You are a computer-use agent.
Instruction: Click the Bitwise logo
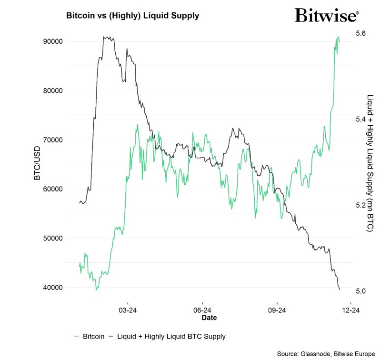tap(326, 15)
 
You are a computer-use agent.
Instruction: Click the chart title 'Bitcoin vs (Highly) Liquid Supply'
tap(132, 15)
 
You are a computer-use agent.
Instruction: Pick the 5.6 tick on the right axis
tap(361, 33)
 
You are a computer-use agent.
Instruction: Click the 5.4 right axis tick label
tap(361, 119)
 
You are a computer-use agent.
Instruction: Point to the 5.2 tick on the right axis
tap(361, 205)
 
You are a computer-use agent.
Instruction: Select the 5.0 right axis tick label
tap(361, 291)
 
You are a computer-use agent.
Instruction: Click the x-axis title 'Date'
tap(209, 317)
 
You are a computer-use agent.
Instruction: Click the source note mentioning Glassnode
tap(326, 353)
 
